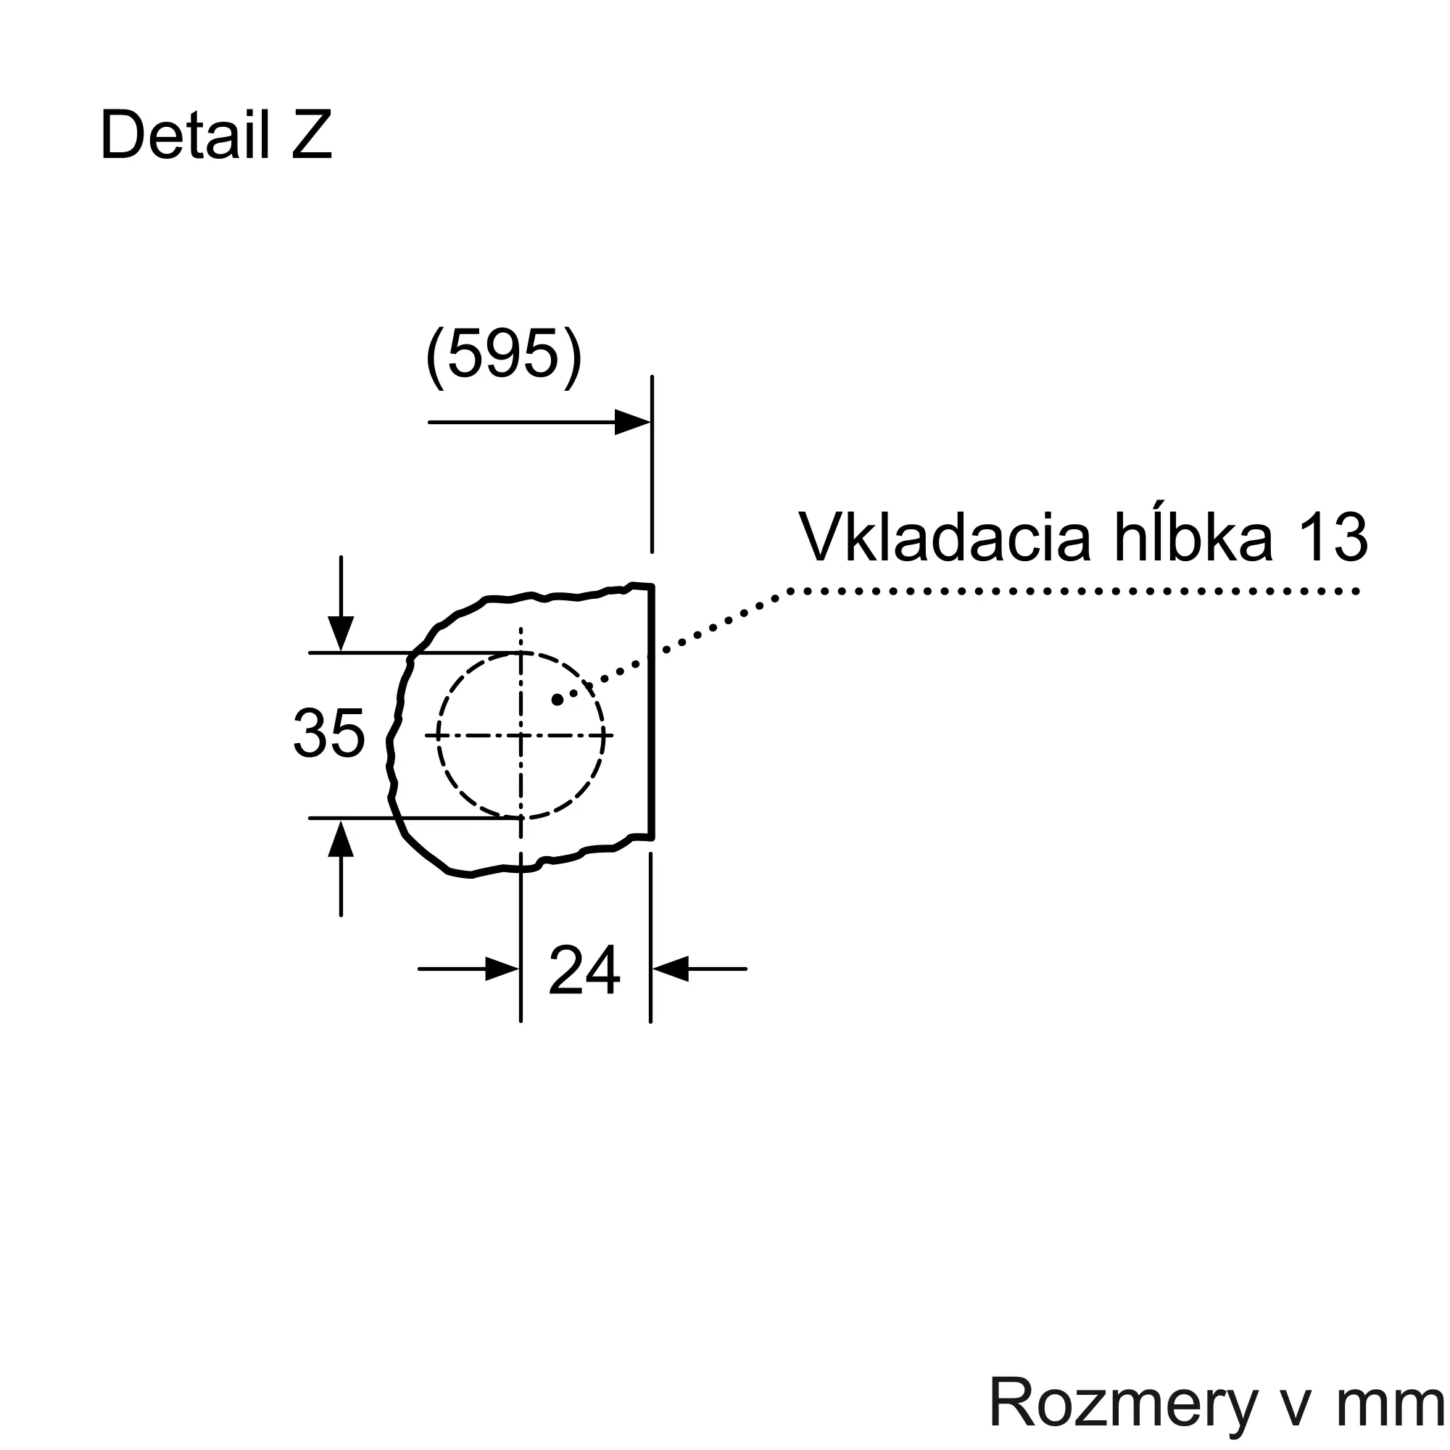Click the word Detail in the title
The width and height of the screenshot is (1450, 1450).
tap(185, 136)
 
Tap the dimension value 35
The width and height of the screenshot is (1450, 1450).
tap(328, 733)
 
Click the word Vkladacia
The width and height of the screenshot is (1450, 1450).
tap(944, 537)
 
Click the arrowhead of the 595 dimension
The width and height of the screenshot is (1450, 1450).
tap(633, 422)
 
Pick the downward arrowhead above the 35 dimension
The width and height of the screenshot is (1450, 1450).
tap(341, 634)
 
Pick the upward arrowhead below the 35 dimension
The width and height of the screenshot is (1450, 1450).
tap(341, 837)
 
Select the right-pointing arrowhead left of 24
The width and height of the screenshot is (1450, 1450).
tap(503, 969)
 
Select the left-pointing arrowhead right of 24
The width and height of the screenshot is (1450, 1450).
tap(670, 969)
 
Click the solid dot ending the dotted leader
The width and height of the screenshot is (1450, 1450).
tap(557, 700)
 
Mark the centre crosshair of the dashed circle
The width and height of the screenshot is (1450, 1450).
tap(521, 735)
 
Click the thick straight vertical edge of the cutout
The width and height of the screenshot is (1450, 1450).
tap(652, 711)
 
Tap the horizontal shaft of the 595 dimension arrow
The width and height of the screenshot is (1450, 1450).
tap(522, 422)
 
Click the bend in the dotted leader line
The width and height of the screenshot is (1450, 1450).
tap(790, 592)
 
